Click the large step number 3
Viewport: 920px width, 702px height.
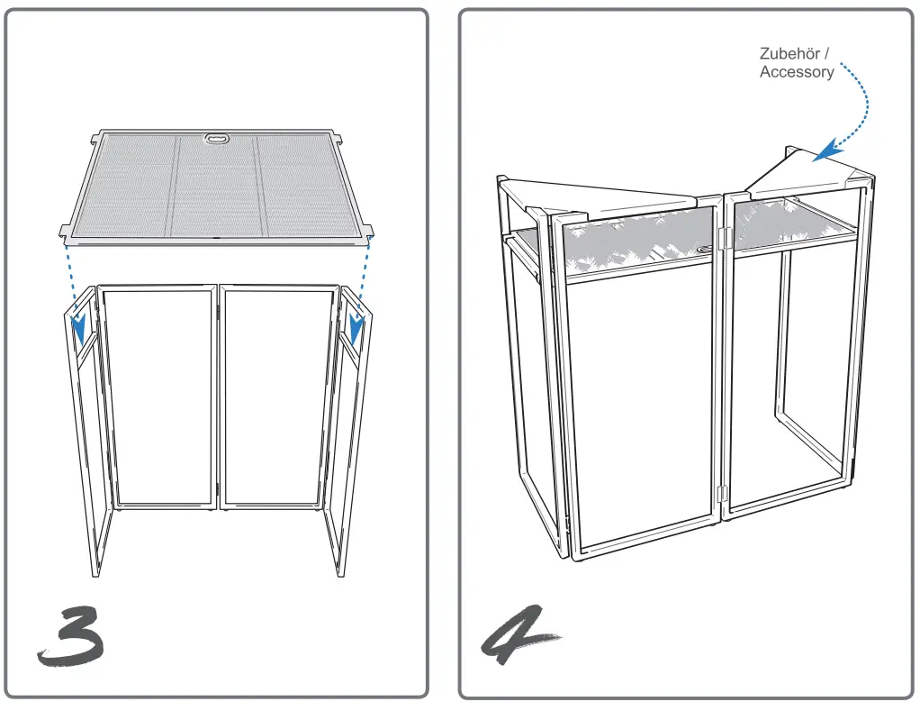pyautogui.click(x=70, y=635)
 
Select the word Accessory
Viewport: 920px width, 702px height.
pyautogui.click(x=796, y=72)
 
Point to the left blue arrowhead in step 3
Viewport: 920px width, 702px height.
pyautogui.click(x=80, y=331)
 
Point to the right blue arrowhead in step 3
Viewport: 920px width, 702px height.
pyautogui.click(x=357, y=331)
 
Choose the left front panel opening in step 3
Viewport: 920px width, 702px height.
pyautogui.click(x=158, y=397)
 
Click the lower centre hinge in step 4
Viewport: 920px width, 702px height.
pyautogui.click(x=721, y=492)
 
